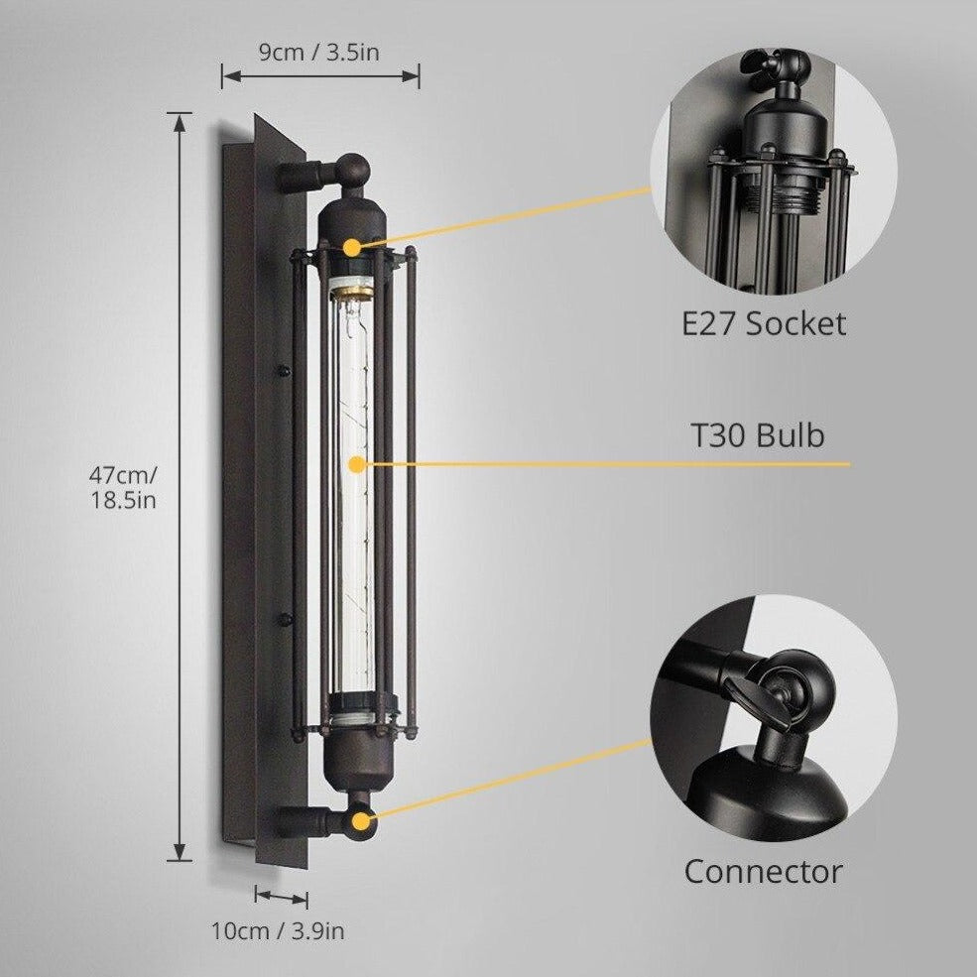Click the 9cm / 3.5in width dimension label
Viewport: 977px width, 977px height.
click(319, 52)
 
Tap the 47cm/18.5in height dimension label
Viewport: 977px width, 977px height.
click(122, 486)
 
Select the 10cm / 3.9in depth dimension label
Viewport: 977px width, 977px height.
click(278, 930)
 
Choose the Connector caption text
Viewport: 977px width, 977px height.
click(763, 872)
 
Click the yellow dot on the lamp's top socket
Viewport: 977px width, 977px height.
click(352, 245)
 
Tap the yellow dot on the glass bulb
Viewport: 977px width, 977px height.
click(354, 463)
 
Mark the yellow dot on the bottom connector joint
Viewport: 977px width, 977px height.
click(361, 819)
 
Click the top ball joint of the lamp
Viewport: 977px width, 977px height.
click(352, 169)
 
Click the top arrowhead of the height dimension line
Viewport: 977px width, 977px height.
click(180, 120)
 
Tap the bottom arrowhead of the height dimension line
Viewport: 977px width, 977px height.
click(180, 854)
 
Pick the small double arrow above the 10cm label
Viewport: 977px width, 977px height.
click(281, 897)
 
